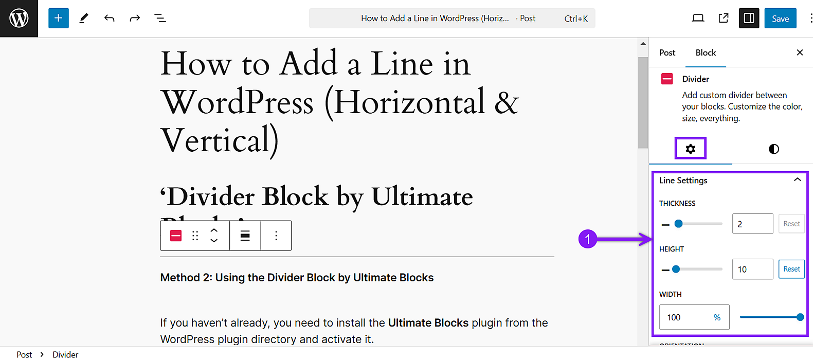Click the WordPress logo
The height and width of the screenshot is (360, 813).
pyautogui.click(x=19, y=19)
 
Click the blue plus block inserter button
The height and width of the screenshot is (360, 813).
pyautogui.click(x=59, y=19)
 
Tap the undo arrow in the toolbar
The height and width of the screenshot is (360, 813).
pyautogui.click(x=109, y=19)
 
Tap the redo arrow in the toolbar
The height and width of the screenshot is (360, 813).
pyautogui.click(x=135, y=19)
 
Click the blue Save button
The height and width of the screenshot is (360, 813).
pyautogui.click(x=780, y=19)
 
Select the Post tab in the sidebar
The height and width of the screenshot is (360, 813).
pyautogui.click(x=667, y=52)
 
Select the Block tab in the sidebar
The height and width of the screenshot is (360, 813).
pyautogui.click(x=706, y=52)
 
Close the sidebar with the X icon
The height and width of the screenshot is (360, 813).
pyautogui.click(x=800, y=52)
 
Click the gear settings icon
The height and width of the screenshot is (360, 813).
pyautogui.click(x=691, y=149)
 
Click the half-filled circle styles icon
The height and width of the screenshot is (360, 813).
pyautogui.click(x=774, y=149)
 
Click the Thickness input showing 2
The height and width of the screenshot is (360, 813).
pyautogui.click(x=752, y=224)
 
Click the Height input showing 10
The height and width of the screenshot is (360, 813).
pyautogui.click(x=752, y=269)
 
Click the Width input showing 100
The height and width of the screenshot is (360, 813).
pyautogui.click(x=686, y=317)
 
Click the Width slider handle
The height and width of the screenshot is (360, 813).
pyautogui.click(x=800, y=317)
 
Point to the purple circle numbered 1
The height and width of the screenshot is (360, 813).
pyautogui.click(x=588, y=239)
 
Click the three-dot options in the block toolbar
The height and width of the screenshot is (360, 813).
pyautogui.click(x=276, y=236)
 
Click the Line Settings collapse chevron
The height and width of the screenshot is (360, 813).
pyautogui.click(x=798, y=180)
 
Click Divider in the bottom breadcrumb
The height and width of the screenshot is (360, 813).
pyautogui.click(x=65, y=354)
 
